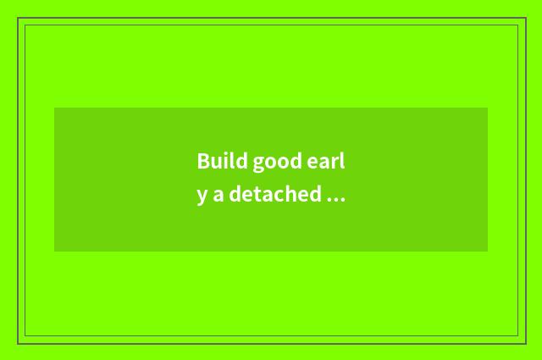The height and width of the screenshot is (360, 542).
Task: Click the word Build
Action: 222,161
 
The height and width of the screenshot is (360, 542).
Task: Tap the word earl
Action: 325,161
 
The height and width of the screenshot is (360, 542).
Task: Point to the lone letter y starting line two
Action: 202,197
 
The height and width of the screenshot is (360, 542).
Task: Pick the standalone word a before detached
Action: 218,195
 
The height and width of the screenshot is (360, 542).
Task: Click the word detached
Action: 275,194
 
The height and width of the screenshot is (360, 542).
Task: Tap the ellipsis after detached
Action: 335,200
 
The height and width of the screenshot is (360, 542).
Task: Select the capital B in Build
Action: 203,161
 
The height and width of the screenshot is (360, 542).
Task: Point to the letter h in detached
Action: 290,194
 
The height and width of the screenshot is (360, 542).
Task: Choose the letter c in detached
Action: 279,196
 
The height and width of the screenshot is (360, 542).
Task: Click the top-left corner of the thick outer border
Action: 18,18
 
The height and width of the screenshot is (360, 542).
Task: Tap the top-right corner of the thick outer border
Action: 526,18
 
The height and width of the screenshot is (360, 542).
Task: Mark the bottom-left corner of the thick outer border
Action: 18,343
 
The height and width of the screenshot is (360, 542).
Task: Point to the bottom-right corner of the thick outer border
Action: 526,343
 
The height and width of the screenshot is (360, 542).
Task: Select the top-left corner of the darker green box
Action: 54,108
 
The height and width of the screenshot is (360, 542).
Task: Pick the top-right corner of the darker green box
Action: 488,108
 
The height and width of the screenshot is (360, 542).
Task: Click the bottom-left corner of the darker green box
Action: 54,252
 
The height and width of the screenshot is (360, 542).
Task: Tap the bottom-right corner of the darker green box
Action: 488,252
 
